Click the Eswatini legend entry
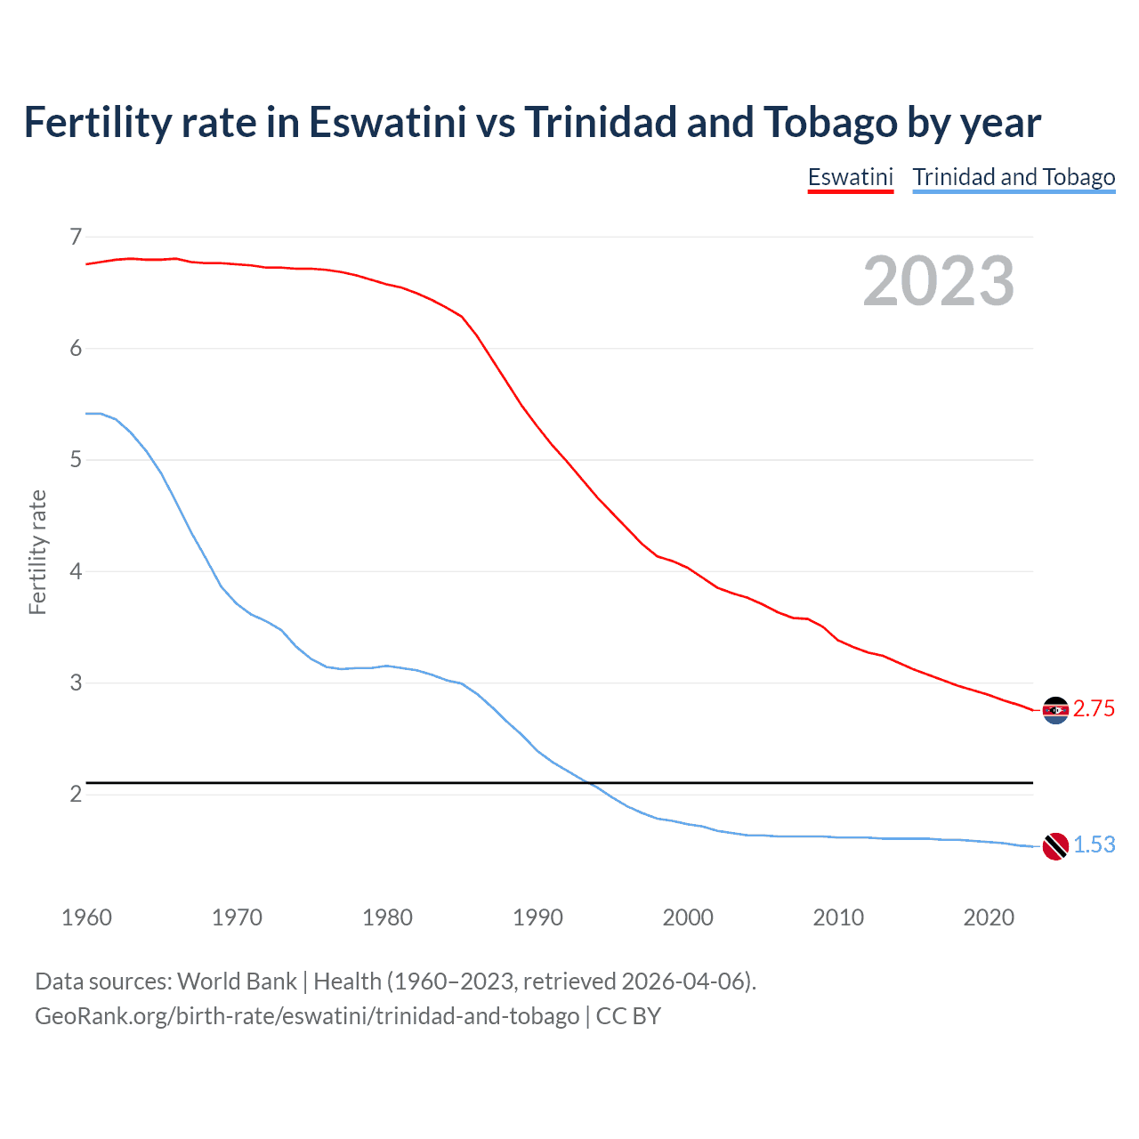pyautogui.click(x=850, y=177)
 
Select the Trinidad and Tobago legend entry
pyautogui.click(x=1014, y=177)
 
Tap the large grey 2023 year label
pyautogui.click(x=938, y=281)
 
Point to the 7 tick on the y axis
pyautogui.click(x=76, y=237)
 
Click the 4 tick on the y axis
pyautogui.click(x=76, y=571)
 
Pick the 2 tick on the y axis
pyautogui.click(x=76, y=794)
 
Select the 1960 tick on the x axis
pyautogui.click(x=86, y=917)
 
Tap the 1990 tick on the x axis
pyautogui.click(x=537, y=917)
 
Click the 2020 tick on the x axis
pyautogui.click(x=989, y=917)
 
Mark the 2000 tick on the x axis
pyautogui.click(x=688, y=917)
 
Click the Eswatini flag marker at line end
pyautogui.click(x=1055, y=710)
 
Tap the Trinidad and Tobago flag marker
pyautogui.click(x=1055, y=846)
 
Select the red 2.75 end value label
pyautogui.click(x=1094, y=709)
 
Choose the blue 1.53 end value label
pyautogui.click(x=1094, y=845)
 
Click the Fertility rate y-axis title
pyautogui.click(x=37, y=552)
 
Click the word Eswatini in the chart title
pyautogui.click(x=387, y=123)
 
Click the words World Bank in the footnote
pyautogui.click(x=237, y=981)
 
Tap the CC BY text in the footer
pyautogui.click(x=628, y=1016)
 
